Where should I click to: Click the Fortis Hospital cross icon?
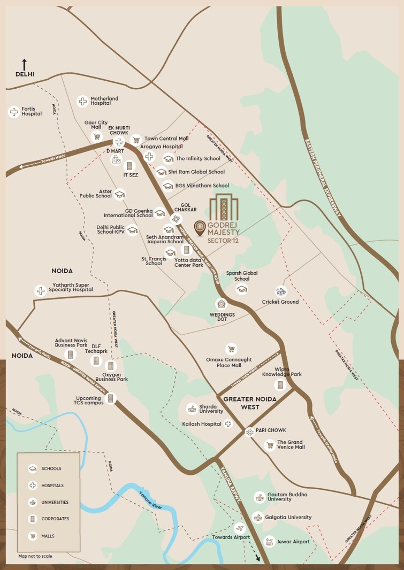pyautogui.click(x=14, y=112)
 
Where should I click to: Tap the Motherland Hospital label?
pyautogui.click(x=104, y=101)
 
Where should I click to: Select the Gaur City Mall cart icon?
pyautogui.click(x=97, y=136)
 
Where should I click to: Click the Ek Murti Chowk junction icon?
pyautogui.click(x=119, y=142)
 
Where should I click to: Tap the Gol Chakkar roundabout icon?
pyautogui.click(x=176, y=219)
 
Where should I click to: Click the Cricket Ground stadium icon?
pyautogui.click(x=281, y=291)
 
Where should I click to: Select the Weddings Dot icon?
pyautogui.click(x=221, y=304)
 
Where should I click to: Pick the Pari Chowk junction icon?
pyautogui.click(x=249, y=432)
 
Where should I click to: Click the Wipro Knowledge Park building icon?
pyautogui.click(x=279, y=385)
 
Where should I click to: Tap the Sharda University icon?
pyautogui.click(x=192, y=409)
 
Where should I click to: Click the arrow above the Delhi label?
pyautogui.click(x=24, y=64)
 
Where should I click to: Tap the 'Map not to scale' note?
pyautogui.click(x=35, y=556)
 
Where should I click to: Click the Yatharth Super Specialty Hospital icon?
pyautogui.click(x=40, y=291)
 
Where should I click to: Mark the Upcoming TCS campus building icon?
pyautogui.click(x=111, y=398)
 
